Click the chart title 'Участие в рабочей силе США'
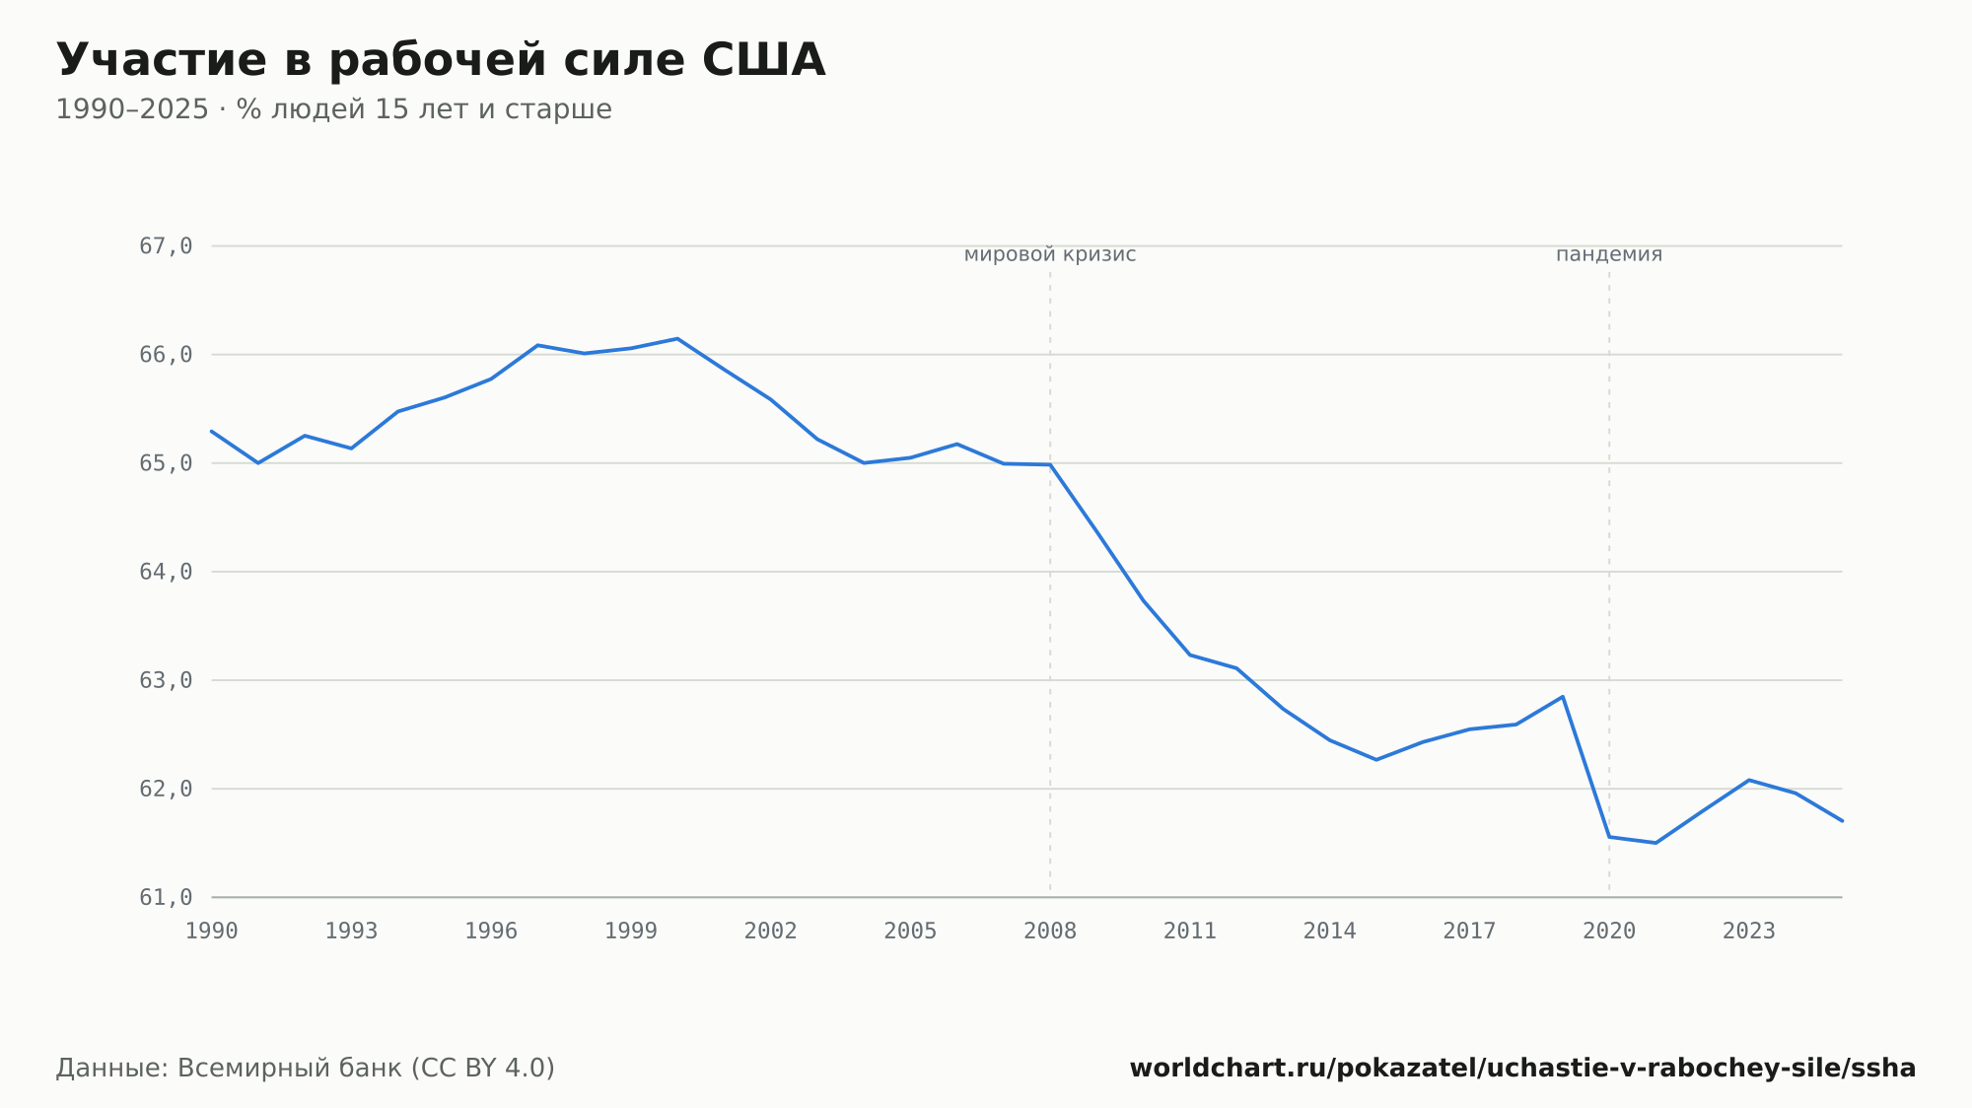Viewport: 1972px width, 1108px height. [x=441, y=61]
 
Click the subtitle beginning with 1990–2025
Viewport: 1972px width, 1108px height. [x=333, y=109]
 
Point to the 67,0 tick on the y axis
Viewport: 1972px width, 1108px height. [x=166, y=246]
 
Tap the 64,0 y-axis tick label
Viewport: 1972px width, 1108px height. [x=166, y=572]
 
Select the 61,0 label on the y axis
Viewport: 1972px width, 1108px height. [x=166, y=897]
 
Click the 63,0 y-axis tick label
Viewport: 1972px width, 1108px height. [x=166, y=680]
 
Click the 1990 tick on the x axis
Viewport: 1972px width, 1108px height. [x=212, y=932]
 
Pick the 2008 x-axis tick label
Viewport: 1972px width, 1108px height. [x=1050, y=932]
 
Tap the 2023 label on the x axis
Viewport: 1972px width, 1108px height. [x=1749, y=932]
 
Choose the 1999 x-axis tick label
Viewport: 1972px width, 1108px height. [x=631, y=932]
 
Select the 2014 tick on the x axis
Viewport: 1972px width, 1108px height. [x=1330, y=932]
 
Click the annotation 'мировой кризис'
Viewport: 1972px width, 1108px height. [x=1050, y=254]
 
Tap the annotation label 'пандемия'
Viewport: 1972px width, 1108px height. [x=1609, y=254]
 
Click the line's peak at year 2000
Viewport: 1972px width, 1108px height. [x=677, y=339]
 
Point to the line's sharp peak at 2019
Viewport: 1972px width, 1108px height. [x=1563, y=697]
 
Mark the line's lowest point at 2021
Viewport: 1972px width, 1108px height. [x=1655, y=843]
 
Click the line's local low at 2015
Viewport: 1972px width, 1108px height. [x=1376, y=760]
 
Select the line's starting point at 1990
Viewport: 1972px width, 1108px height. [x=212, y=431]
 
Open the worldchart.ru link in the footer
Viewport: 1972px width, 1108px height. [x=1522, y=1069]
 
